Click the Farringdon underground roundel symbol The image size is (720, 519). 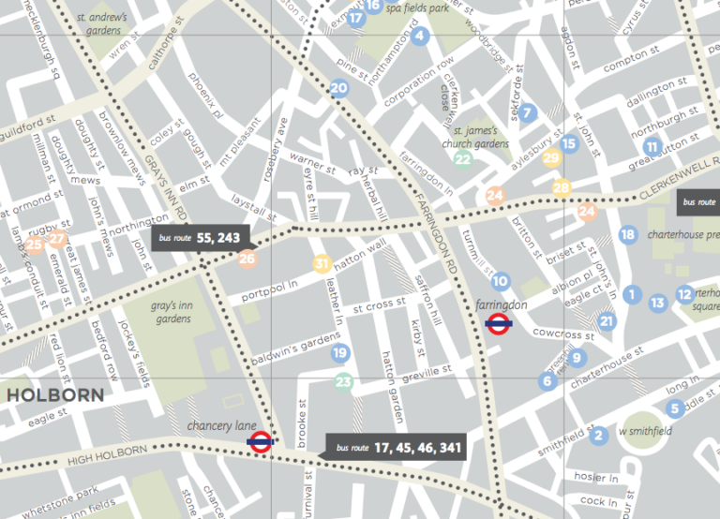499,324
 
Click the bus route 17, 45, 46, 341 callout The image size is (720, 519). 396,448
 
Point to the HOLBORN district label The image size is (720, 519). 55,395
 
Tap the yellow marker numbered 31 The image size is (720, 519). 322,264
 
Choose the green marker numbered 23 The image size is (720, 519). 344,381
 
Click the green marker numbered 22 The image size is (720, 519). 462,158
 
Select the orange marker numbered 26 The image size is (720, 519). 247,259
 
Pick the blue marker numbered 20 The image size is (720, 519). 339,89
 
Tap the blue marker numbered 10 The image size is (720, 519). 501,281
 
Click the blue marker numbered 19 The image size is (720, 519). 339,352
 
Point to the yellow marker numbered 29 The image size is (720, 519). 551,158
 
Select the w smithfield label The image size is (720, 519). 647,431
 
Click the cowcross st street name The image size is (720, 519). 563,333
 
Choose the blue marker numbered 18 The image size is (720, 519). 627,234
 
